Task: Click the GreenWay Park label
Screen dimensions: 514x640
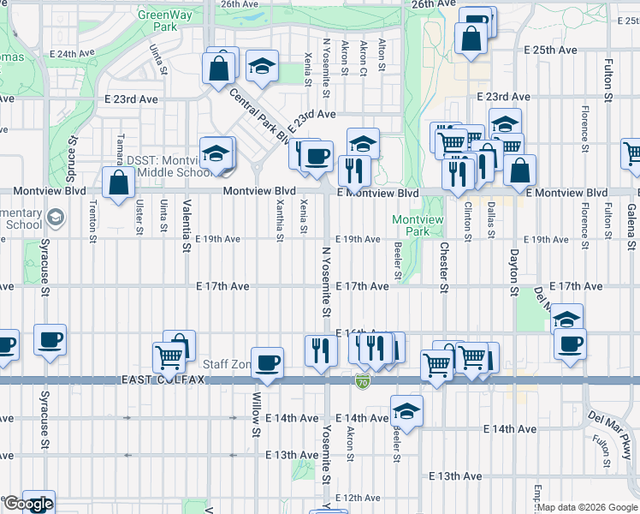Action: (157, 21)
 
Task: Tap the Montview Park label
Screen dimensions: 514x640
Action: (418, 225)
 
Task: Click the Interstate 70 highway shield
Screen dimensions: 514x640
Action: (364, 378)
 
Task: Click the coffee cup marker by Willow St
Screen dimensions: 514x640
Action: (268, 362)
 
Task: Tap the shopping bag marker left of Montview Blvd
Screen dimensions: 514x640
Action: (117, 182)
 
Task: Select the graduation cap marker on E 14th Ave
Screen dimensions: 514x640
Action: (406, 409)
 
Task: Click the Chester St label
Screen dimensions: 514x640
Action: (443, 266)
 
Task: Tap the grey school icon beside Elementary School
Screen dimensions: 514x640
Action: (56, 218)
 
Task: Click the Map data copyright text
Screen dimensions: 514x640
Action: (587, 507)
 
